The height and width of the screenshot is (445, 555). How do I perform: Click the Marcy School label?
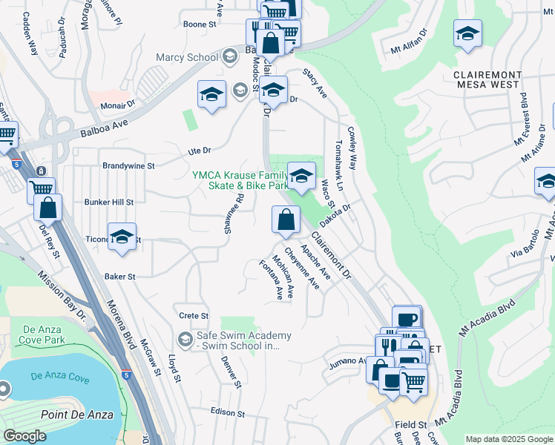tap(186, 57)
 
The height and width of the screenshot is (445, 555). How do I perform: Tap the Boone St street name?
tap(199, 24)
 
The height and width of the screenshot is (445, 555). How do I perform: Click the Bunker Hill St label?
tap(108, 201)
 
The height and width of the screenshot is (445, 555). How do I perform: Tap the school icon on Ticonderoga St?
tap(122, 237)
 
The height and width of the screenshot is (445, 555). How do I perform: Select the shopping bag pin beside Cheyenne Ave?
tap(285, 220)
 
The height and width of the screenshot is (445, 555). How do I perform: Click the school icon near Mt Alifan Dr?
tap(467, 34)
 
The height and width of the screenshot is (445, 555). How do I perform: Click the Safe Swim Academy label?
tap(243, 340)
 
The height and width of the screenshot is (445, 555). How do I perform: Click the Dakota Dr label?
tap(335, 211)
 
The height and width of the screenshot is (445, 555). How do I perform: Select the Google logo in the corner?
tap(25, 436)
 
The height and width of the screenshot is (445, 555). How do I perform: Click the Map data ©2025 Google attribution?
tap(508, 439)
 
